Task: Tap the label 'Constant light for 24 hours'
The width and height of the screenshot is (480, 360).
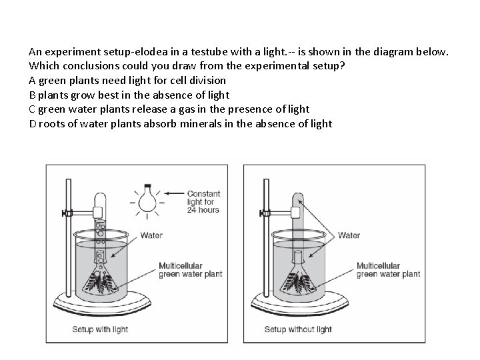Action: [x=203, y=202]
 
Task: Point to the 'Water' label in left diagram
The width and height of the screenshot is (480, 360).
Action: [x=151, y=235]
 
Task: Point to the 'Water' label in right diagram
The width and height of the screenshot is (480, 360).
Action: [x=349, y=235]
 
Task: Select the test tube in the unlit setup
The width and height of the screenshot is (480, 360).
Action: [x=297, y=220]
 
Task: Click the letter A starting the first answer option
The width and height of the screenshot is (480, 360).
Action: [x=33, y=80]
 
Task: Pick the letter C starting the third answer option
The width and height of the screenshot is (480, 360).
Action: [x=33, y=109]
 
